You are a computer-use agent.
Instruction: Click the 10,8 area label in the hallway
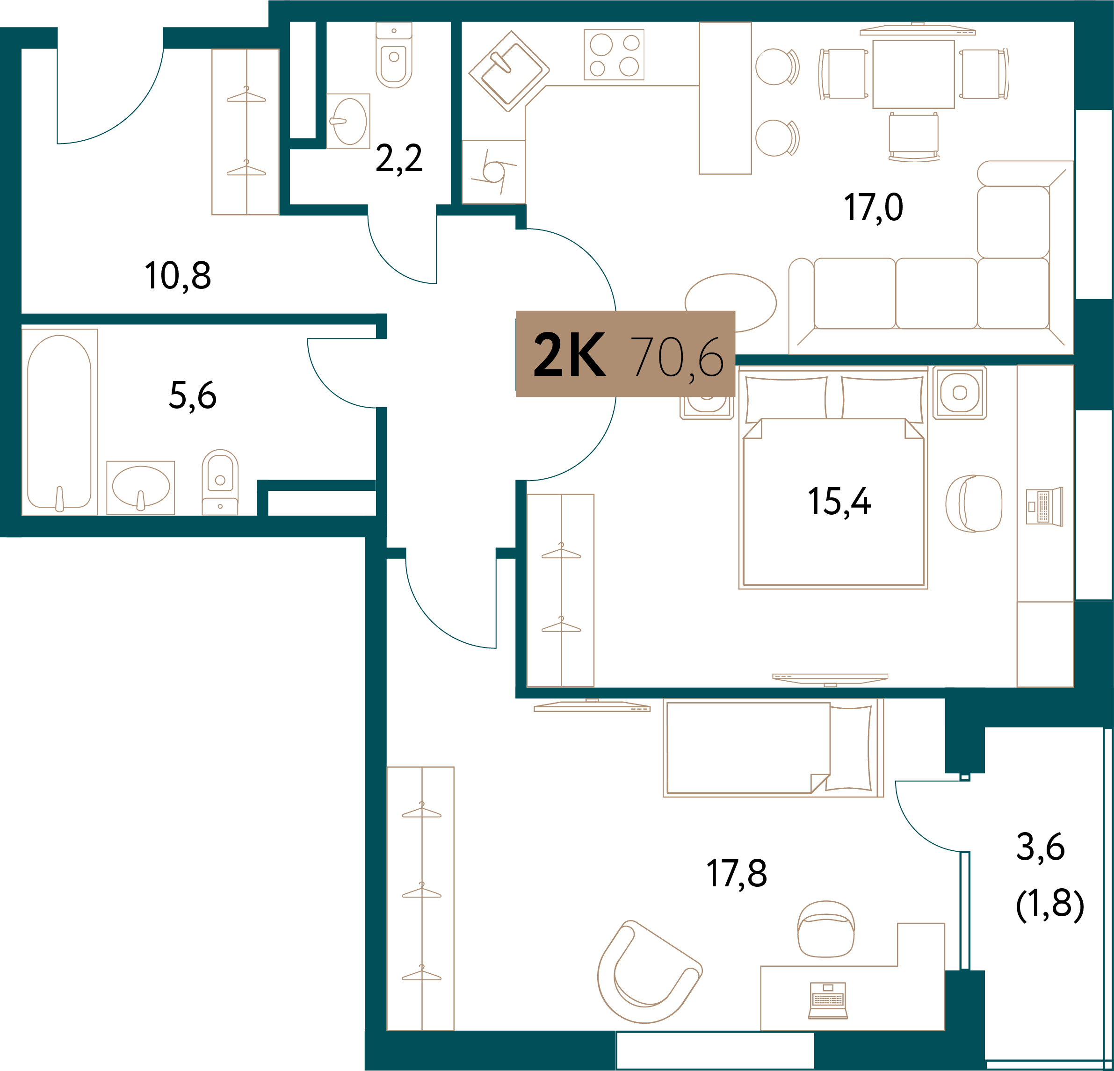click(178, 276)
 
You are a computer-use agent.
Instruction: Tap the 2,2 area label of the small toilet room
click(399, 158)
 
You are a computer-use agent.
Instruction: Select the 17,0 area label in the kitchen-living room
click(873, 208)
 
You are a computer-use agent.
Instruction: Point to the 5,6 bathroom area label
click(193, 395)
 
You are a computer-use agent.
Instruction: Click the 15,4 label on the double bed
click(839, 502)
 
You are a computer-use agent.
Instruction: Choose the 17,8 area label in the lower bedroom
click(737, 873)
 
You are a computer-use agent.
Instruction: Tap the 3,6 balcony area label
click(1040, 847)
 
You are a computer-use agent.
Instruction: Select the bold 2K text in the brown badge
click(570, 355)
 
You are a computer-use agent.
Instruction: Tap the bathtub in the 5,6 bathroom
click(59, 422)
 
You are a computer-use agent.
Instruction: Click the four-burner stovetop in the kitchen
click(614, 55)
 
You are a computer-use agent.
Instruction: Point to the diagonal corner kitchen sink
click(509, 71)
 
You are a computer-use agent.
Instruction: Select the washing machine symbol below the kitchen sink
click(493, 172)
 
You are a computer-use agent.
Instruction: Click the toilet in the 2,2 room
click(394, 55)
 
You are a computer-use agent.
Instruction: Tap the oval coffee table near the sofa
click(731, 303)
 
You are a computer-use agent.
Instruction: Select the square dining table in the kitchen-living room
click(913, 74)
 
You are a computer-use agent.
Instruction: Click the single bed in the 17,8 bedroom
click(773, 748)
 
